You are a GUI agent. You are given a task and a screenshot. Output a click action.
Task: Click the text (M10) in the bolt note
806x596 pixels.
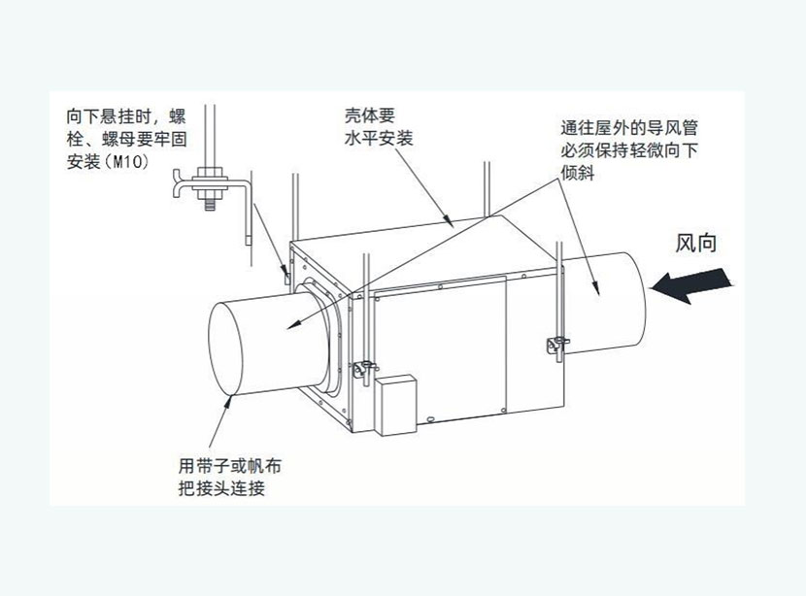tap(124, 161)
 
